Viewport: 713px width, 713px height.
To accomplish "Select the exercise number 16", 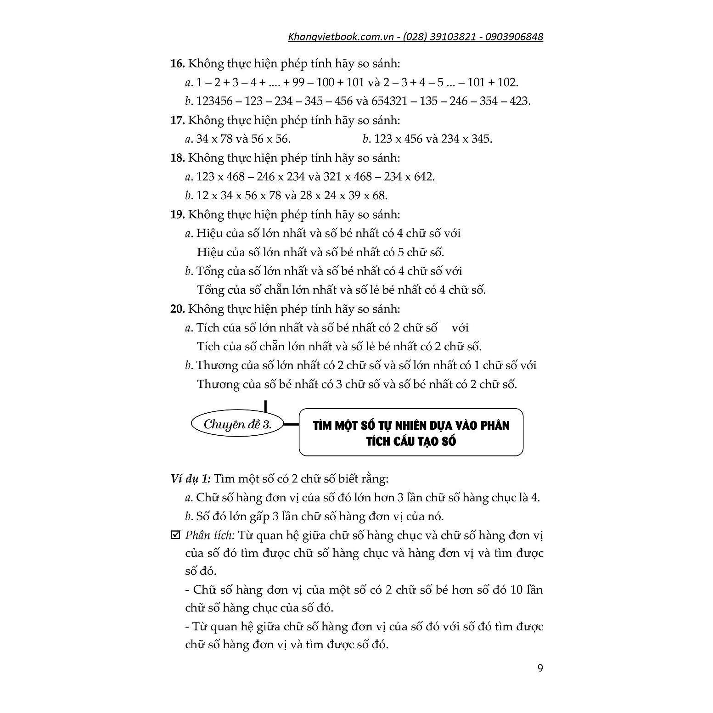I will click(x=177, y=63).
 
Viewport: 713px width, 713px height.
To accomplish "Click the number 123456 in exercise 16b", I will click(x=214, y=101).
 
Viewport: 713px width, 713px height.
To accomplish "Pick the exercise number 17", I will click(x=177, y=120).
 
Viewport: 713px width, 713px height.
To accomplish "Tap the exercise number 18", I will click(x=177, y=158).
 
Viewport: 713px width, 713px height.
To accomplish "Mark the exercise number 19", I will click(x=177, y=214).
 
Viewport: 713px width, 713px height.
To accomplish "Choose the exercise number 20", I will click(x=177, y=309).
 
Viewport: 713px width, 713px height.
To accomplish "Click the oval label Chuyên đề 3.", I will click(x=237, y=425).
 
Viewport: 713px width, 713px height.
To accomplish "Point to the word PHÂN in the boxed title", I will click(x=495, y=426).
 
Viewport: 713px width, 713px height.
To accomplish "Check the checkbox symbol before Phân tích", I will click(x=175, y=535).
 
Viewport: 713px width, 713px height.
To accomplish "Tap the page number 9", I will click(x=540, y=668).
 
